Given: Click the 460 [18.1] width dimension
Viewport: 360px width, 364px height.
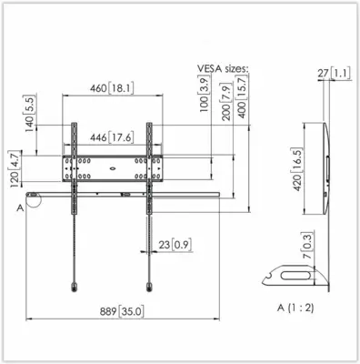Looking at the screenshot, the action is click(112, 88).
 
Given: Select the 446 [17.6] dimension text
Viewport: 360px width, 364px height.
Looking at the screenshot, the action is click(112, 137).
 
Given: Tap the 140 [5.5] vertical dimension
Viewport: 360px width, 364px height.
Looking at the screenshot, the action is click(30, 113).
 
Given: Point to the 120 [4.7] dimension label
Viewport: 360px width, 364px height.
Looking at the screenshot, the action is click(15, 168).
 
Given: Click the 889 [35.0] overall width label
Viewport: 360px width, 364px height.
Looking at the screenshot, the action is click(122, 311).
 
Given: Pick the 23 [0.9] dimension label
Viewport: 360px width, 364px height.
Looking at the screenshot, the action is click(175, 245).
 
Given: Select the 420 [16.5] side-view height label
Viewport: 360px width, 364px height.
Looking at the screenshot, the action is click(297, 169).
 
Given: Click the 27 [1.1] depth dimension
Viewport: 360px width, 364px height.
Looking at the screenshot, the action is click(334, 74).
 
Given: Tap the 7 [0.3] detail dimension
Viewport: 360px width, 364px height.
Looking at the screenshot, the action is click(307, 246).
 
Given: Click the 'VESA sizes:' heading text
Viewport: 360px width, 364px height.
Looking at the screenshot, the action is click(223, 68).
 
